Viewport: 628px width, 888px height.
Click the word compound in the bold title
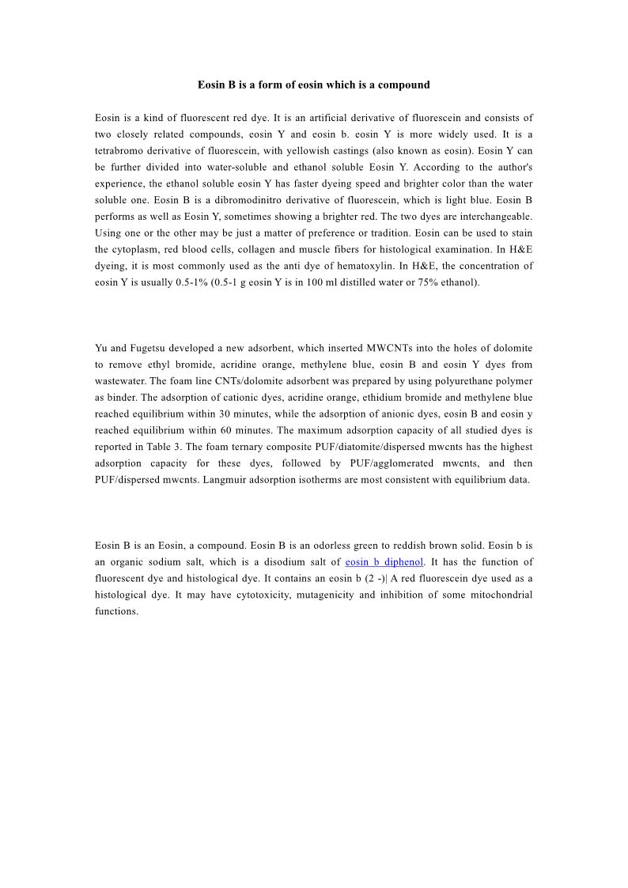click(404, 85)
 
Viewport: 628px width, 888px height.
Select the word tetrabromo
click(119, 150)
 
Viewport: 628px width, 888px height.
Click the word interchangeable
click(491, 217)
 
